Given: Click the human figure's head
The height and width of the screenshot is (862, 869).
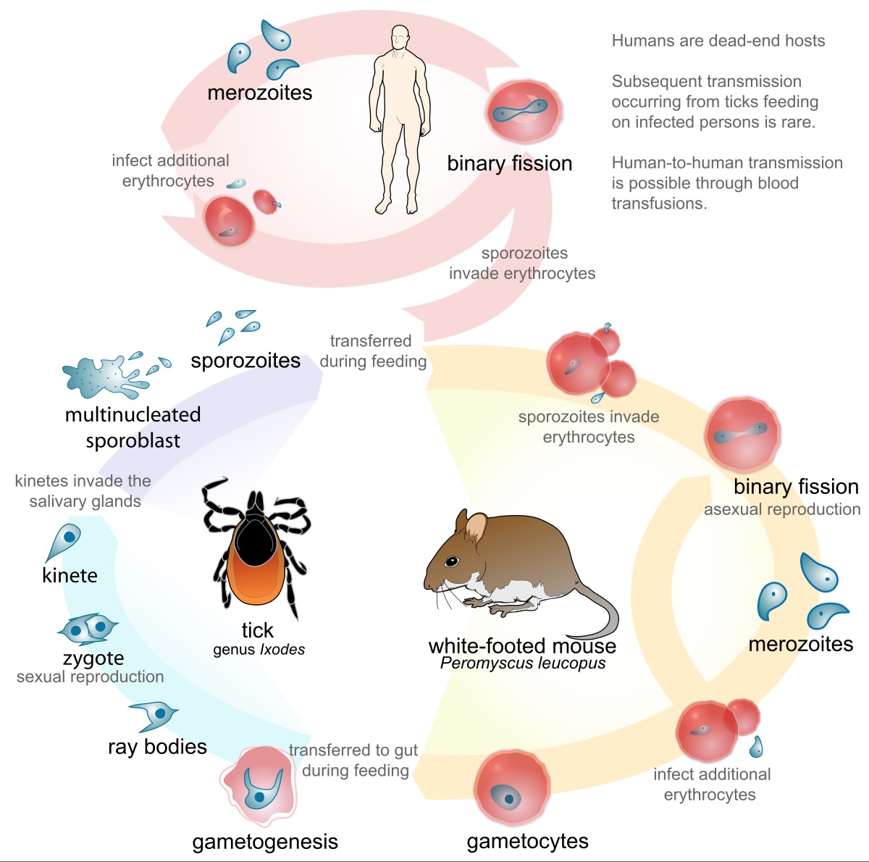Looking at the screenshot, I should pos(399,37).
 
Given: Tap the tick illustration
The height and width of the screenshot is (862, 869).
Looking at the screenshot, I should pos(256,546).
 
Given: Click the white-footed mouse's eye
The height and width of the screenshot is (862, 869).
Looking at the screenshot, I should pos(451,561).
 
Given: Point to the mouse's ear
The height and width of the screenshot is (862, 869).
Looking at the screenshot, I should pos(476,527).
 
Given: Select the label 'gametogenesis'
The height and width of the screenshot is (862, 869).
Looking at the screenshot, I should pos(265,842).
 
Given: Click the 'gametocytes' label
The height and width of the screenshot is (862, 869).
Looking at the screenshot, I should pos(527,841).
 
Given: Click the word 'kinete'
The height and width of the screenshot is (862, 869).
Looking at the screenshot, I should pos(70,575).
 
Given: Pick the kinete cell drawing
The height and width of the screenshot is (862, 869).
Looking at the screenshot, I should pos(66,540).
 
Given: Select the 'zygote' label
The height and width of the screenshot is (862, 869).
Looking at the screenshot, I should pos(93,658).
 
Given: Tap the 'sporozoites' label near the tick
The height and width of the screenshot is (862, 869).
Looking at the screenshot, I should pos(245,361).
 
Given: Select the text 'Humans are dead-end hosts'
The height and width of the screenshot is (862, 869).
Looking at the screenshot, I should pos(718,41).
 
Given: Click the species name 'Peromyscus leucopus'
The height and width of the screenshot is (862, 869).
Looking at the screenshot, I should pos(523,663).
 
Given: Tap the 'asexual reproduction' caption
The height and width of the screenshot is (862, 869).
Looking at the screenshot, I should pos(782,509).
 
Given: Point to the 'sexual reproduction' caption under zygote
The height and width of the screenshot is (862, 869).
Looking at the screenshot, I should pos(91,677).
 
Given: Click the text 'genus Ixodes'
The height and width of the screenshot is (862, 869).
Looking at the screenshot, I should pos(259,650).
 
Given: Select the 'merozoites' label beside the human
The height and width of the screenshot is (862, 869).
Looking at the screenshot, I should pos(259,93).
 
